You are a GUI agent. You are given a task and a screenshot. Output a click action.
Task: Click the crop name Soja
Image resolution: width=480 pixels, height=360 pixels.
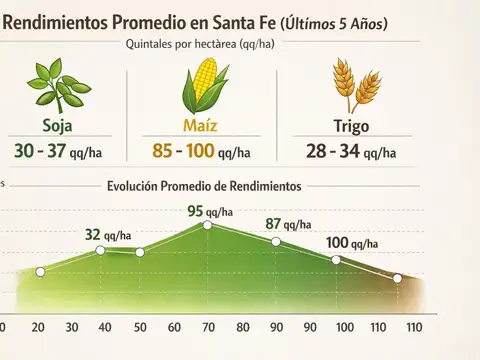[58, 127]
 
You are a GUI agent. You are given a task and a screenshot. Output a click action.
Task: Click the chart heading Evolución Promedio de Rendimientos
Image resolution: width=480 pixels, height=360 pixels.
[204, 187]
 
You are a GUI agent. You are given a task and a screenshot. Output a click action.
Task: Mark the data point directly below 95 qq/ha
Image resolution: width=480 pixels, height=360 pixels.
[207, 225]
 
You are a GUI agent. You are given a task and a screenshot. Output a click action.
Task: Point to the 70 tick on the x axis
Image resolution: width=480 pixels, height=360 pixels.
[207, 328]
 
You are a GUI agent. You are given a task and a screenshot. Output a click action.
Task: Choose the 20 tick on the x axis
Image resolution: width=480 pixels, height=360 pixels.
[38, 328]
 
